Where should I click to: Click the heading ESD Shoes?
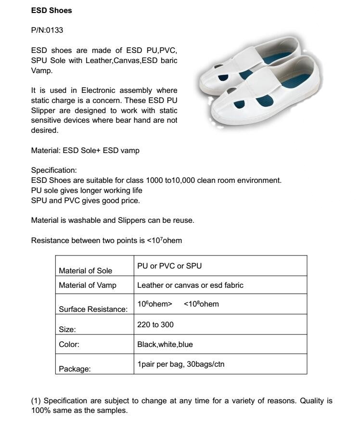(51, 10)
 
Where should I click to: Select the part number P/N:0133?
(47, 30)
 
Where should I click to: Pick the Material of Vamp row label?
(87, 285)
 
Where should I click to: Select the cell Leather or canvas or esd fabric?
(190, 285)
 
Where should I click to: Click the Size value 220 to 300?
(155, 325)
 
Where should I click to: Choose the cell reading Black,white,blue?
(165, 345)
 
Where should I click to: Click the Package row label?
(75, 369)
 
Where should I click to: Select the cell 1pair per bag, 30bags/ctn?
(181, 364)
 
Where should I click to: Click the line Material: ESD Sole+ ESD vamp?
(85, 150)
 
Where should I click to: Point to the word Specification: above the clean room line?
(53, 170)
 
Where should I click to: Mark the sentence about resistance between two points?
(106, 240)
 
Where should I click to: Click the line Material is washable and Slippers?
(113, 220)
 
